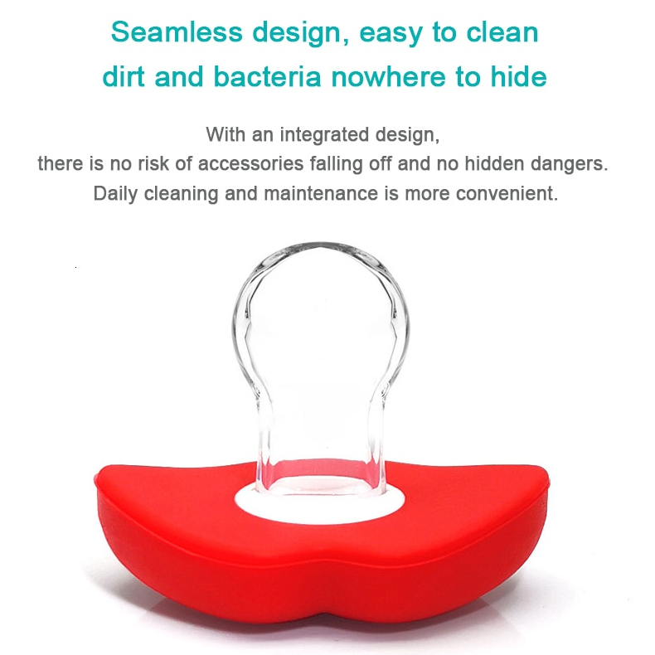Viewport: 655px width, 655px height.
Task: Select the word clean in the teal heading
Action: (502, 32)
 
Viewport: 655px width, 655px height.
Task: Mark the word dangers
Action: (571, 163)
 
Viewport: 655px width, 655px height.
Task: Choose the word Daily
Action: (115, 194)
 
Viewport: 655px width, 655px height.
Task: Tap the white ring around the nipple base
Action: (320, 500)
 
